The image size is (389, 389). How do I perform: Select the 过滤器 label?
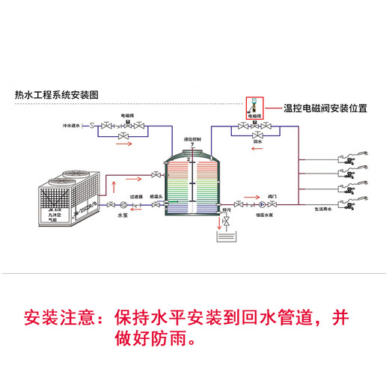point(135,197)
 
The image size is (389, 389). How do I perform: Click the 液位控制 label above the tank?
point(192,140)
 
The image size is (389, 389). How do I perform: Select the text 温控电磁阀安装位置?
point(324,108)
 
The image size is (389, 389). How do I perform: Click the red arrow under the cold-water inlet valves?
point(123,149)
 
